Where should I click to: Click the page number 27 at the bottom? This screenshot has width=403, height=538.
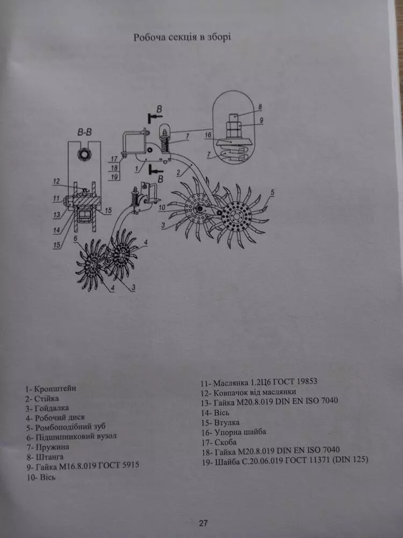coord(203,523)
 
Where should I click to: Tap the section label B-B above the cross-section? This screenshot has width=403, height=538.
coord(84,132)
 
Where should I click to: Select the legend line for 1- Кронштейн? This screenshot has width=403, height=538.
coord(51,388)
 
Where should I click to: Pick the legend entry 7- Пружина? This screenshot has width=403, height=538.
coord(48,447)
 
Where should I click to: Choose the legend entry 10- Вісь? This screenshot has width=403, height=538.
coord(41,477)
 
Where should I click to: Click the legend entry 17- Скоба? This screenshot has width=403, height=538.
coord(219,442)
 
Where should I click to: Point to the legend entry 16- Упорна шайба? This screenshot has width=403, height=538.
coord(234,431)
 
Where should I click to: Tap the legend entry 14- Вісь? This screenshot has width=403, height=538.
coord(215,413)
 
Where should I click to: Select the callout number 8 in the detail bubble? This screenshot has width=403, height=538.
coord(260,107)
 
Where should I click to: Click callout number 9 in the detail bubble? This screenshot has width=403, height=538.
coord(261,121)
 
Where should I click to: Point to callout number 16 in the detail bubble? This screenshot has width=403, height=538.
coord(208,135)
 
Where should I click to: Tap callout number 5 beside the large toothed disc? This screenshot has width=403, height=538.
coord(272,193)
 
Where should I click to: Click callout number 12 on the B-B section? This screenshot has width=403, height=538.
coord(56,181)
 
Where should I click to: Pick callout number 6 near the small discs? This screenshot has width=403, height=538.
coord(75,238)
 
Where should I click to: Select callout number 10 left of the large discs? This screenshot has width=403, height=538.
coord(162,208)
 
